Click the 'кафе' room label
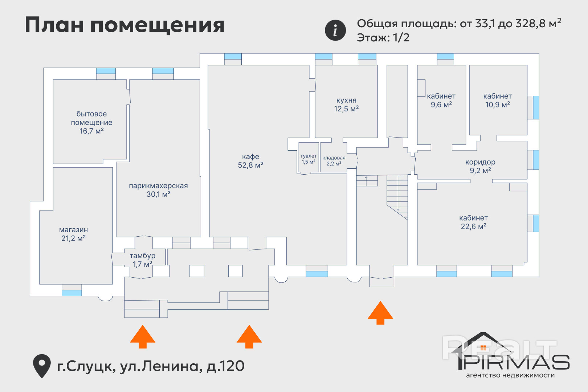[250, 156]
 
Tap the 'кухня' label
[346, 100]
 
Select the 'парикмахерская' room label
[158, 185]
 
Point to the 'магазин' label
[73, 230]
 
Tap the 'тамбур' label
[142, 256]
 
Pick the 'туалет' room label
[309, 156]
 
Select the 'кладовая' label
[334, 158]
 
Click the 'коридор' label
[480, 162]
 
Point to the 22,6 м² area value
[473, 226]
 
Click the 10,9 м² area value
[497, 105]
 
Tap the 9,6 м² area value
[441, 105]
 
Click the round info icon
[335, 30]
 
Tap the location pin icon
[42, 365]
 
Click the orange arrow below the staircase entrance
[380, 313]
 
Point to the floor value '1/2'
[401, 37]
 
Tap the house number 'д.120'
[225, 366]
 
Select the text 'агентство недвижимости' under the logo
[510, 375]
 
